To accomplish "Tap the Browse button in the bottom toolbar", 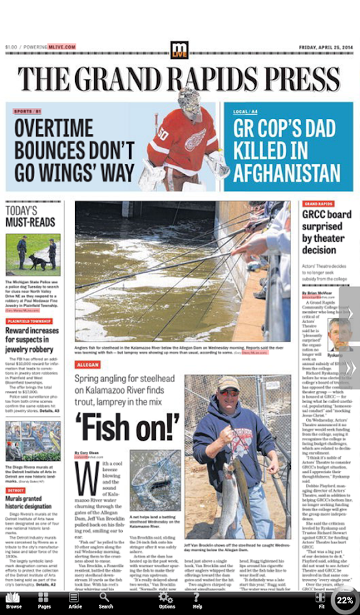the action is [x=14, y=601].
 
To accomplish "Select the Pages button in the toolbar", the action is [x=44, y=601].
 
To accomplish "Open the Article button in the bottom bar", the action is [x=74, y=601].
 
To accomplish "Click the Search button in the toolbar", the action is [x=106, y=601].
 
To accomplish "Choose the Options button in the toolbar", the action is [x=167, y=601].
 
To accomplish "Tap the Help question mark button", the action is [x=197, y=601].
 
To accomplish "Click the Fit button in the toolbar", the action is [x=321, y=601].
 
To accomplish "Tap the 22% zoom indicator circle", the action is [x=345, y=600].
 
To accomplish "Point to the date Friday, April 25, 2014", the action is [x=326, y=47].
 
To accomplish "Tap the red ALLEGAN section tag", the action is [x=89, y=365].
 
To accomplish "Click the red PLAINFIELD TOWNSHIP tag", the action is [x=29, y=320].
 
